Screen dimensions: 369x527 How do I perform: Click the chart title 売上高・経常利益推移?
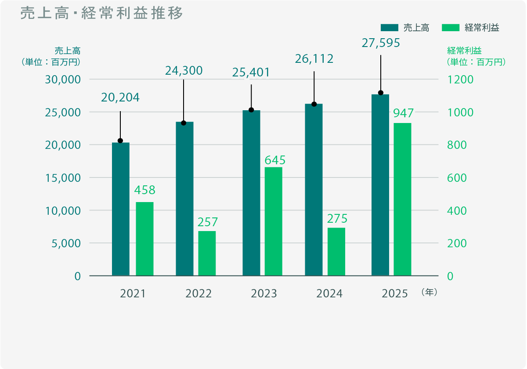point(101,14)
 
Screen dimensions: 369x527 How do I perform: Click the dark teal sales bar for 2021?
point(121,209)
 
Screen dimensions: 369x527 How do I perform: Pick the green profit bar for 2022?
point(207,253)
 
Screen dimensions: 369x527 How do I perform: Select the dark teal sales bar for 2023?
point(251,193)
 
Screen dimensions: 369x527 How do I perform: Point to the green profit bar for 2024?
point(336,252)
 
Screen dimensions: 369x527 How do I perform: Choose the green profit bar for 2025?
point(402,199)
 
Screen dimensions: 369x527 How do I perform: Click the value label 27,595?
point(381,43)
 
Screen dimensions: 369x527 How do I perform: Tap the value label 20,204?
point(120,98)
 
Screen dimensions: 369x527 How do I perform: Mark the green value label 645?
point(275,159)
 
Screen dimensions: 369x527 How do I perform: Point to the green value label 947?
point(403,113)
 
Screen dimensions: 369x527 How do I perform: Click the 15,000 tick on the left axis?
point(63,178)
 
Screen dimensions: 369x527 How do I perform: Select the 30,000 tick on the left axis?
point(63,80)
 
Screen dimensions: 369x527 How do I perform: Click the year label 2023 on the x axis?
point(264,293)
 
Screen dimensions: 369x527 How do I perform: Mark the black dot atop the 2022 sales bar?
point(184,123)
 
